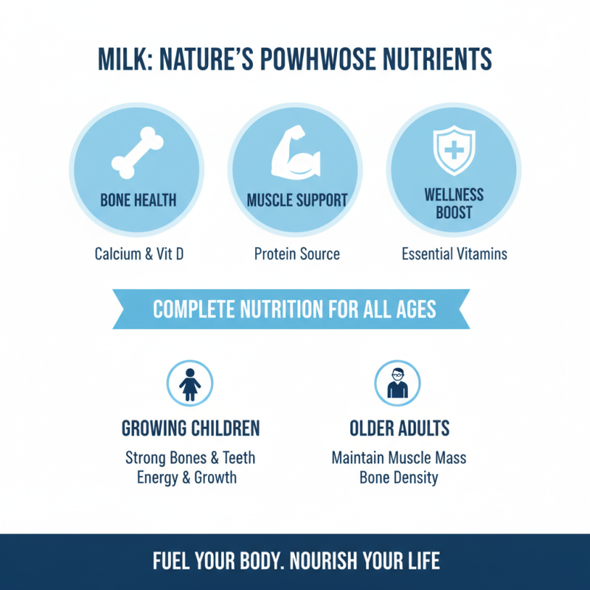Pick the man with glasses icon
398,383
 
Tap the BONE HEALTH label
138,200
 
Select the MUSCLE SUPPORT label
296,200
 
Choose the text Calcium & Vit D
139,254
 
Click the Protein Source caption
296,254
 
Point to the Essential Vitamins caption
454,254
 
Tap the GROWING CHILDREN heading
191,428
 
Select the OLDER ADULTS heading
399,428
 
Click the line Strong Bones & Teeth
190,458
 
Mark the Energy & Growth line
187,477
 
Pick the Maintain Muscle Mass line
399,458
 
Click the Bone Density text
399,477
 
